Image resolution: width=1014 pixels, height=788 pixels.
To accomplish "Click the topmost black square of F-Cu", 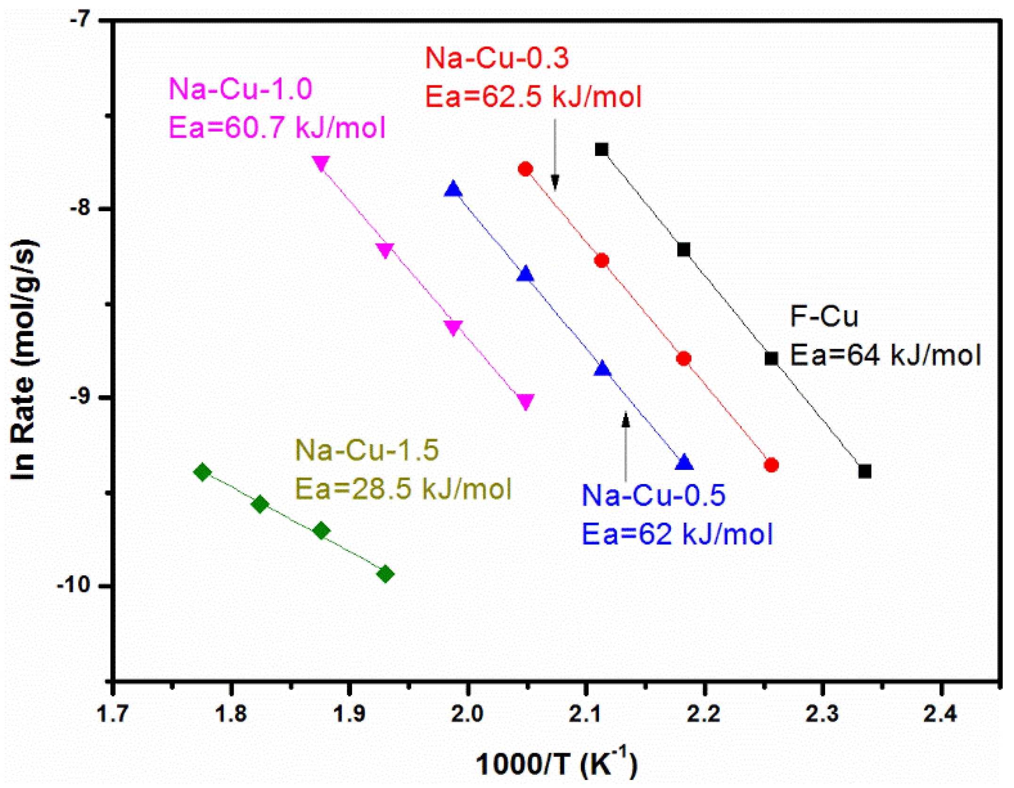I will click(x=601, y=149).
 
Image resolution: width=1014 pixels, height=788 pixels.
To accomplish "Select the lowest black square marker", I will click(x=865, y=471).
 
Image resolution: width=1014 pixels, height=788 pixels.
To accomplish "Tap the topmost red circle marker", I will click(x=525, y=169).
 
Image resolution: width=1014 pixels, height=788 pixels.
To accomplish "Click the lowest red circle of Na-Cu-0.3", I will click(x=771, y=465).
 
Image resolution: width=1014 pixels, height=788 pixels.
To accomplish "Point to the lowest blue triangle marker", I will click(x=684, y=463).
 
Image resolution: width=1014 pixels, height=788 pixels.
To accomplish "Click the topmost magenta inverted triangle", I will click(x=321, y=163).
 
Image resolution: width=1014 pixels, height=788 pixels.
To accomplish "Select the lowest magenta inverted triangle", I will click(x=525, y=402).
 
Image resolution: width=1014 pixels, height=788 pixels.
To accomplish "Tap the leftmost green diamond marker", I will click(x=203, y=472).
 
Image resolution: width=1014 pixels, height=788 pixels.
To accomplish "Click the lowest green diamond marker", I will click(x=385, y=574).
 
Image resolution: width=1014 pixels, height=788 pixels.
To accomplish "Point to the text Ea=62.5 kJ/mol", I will click(x=533, y=97).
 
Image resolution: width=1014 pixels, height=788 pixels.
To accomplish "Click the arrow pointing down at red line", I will click(x=555, y=156).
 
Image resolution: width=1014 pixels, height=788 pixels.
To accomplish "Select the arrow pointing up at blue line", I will click(x=626, y=445).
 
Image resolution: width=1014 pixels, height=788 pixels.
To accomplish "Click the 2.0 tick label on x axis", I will click(x=467, y=714).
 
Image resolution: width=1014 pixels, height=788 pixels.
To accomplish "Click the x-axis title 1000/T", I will click(x=556, y=763).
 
